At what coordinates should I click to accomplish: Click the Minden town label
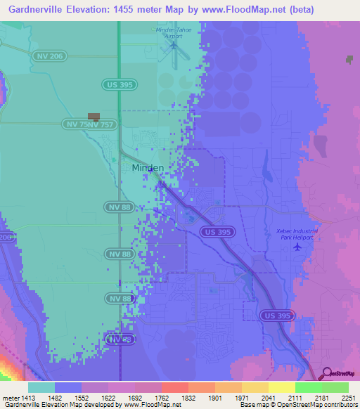coord(148,168)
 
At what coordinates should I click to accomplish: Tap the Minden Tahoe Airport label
coord(173,32)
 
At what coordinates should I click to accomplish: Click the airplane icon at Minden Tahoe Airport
coord(173,46)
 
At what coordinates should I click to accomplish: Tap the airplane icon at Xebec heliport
coord(298,246)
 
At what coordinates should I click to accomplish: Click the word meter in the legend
coord(12,398)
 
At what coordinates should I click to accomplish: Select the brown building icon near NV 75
coord(94,117)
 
